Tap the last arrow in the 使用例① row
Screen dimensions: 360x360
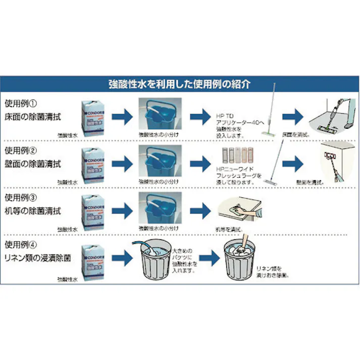click(x=293, y=117)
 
